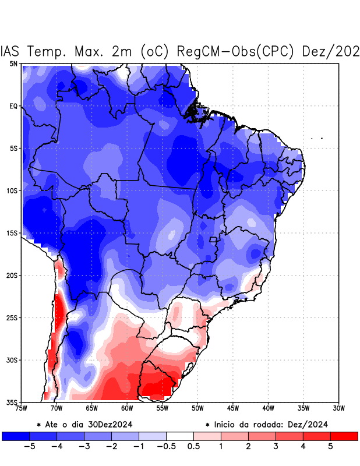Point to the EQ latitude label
13,106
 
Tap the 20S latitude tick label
12,275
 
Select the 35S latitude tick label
12,402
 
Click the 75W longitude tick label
22,408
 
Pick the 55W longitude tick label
163,408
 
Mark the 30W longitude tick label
339,408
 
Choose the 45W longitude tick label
233,408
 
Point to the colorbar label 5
330,447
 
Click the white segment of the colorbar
180,436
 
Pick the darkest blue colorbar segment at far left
15,436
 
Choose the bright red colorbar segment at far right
344,436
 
